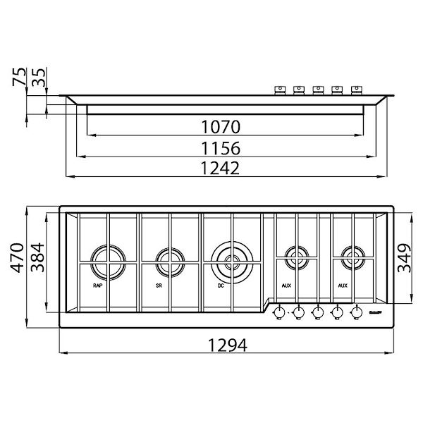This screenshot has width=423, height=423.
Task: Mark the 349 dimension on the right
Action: tap(404, 256)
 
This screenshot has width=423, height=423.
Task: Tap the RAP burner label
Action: tap(97, 286)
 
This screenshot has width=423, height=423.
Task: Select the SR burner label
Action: tap(159, 286)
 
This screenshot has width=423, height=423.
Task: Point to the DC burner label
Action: tap(221, 286)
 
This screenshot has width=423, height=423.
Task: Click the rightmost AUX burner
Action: tap(353, 256)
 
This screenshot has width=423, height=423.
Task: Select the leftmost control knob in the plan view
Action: tap(279, 311)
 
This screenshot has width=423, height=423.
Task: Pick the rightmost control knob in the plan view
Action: tap(356, 311)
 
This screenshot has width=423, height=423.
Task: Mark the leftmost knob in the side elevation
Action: tap(280, 90)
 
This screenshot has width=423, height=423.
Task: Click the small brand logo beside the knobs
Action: tap(376, 312)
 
